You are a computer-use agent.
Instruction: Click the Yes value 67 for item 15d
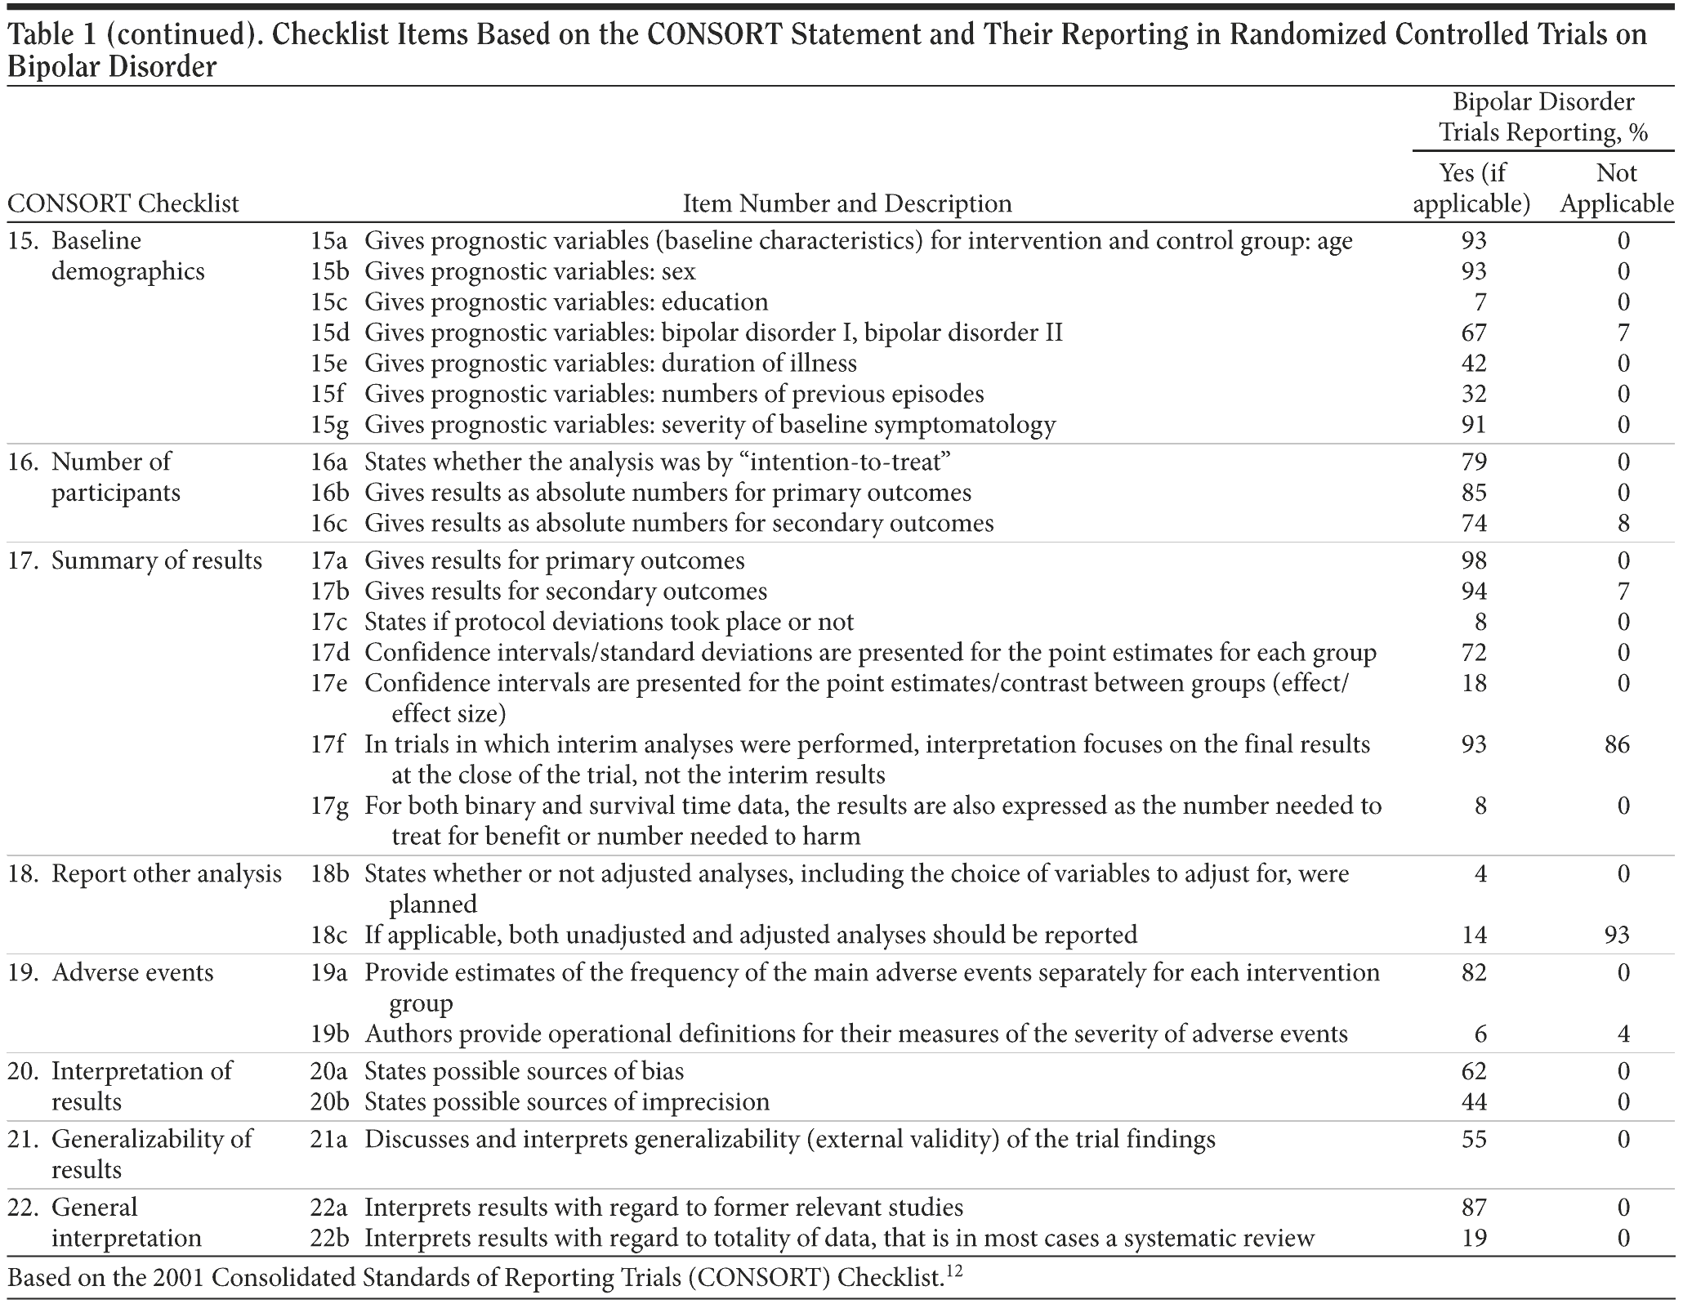pos(1474,333)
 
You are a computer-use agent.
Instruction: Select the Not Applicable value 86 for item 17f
pos(1617,745)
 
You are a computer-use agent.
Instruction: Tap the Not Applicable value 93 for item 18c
pos(1617,936)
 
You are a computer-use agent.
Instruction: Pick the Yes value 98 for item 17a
pos(1474,561)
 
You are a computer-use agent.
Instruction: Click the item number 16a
pos(328,462)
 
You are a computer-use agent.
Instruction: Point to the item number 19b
pos(329,1035)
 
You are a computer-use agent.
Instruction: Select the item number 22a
pos(328,1208)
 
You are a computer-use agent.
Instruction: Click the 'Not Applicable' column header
pos(1617,188)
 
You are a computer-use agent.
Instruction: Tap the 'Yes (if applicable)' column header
pos(1471,188)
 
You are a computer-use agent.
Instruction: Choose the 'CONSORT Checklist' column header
pos(123,203)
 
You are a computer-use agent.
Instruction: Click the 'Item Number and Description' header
pos(847,203)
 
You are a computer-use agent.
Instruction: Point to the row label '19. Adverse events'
pos(111,973)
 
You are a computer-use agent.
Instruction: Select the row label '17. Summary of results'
pos(135,561)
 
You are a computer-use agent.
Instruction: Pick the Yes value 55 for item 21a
pos(1474,1140)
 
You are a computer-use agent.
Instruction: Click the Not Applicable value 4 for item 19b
pos(1623,1035)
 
